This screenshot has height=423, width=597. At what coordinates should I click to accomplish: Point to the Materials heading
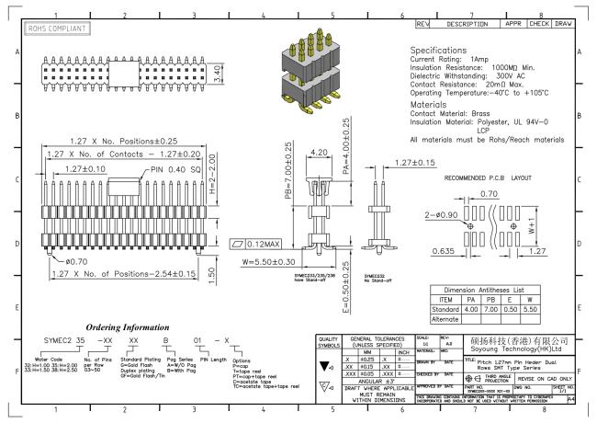click(x=436, y=104)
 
